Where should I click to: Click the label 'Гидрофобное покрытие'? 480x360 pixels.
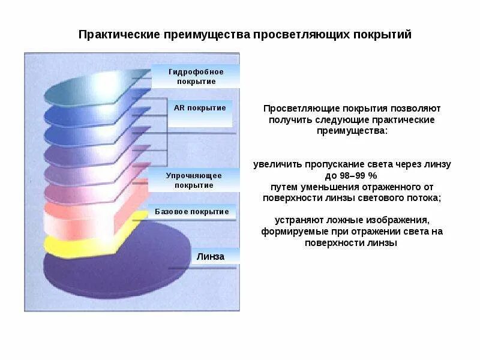click(x=196, y=76)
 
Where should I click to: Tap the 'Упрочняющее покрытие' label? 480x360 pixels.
click(x=194, y=180)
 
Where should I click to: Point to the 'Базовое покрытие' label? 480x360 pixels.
click(x=191, y=212)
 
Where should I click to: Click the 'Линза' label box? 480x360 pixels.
click(x=210, y=256)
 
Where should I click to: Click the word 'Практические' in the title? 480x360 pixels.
click(x=112, y=34)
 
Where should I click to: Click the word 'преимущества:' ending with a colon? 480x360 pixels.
click(x=352, y=131)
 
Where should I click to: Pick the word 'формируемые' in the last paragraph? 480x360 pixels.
click(x=289, y=231)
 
